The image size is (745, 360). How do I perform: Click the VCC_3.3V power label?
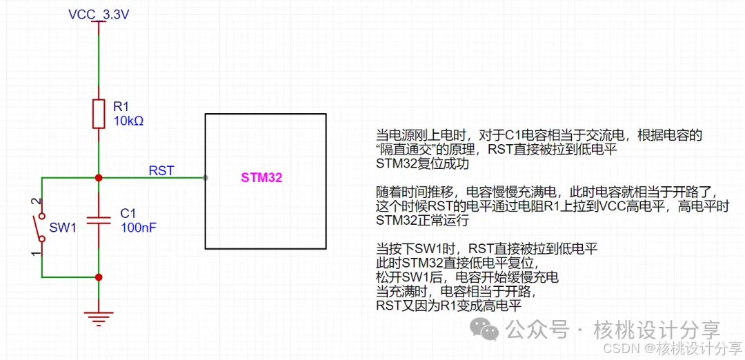click(x=99, y=14)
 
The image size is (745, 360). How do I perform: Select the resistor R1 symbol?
click(x=99, y=113)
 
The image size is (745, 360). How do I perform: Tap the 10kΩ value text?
click(x=128, y=121)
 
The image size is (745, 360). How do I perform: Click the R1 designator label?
click(x=121, y=106)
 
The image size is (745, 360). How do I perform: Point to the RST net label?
click(x=161, y=170)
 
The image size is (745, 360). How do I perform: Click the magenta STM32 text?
click(x=261, y=178)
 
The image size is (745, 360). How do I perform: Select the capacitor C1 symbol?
click(x=99, y=220)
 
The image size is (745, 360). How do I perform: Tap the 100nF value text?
click(x=138, y=226)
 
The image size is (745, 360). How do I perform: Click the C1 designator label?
click(x=128, y=212)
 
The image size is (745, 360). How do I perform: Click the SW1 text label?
click(x=63, y=228)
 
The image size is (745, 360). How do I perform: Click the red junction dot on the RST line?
click(x=99, y=178)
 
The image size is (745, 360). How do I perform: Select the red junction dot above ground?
click(x=99, y=277)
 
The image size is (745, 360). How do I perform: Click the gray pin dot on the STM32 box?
click(x=206, y=178)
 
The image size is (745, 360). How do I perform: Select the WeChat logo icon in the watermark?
click(x=489, y=330)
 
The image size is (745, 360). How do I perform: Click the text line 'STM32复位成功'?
click(x=422, y=165)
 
